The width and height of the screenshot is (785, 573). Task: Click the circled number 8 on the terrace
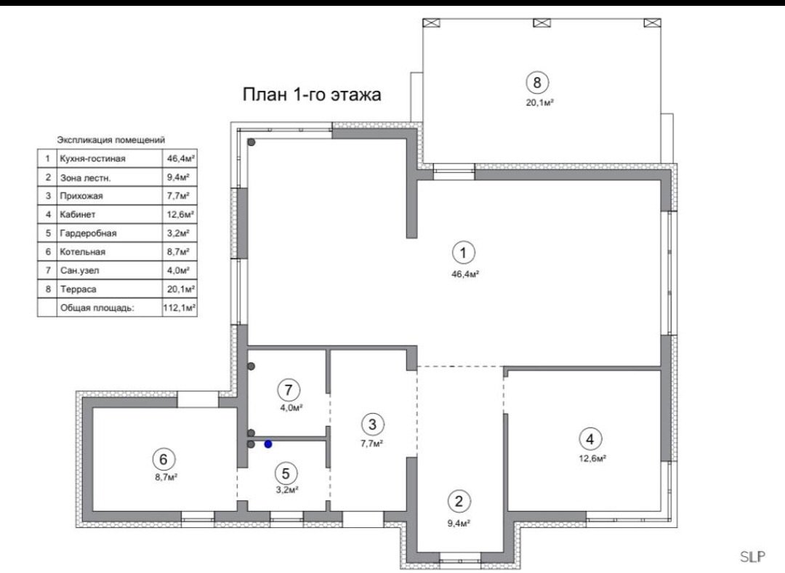pyautogui.click(x=537, y=82)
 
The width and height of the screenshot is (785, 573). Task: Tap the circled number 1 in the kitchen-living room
pyautogui.click(x=463, y=253)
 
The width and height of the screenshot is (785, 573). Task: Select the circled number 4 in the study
pyautogui.click(x=589, y=439)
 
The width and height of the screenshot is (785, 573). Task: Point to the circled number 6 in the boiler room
pyautogui.click(x=164, y=459)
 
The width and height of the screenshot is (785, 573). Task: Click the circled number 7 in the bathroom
pyautogui.click(x=289, y=390)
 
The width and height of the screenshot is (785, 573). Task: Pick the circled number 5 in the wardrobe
pyautogui.click(x=286, y=473)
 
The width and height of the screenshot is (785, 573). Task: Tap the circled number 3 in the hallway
pyautogui.click(x=372, y=424)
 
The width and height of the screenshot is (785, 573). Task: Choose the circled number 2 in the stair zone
pyautogui.click(x=459, y=501)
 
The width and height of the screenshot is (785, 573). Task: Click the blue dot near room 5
pyautogui.click(x=268, y=444)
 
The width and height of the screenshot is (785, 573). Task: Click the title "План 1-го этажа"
pyautogui.click(x=312, y=94)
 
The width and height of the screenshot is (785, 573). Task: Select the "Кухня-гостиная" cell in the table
pyautogui.click(x=92, y=159)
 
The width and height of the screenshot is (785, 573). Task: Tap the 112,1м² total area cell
pyautogui.click(x=180, y=308)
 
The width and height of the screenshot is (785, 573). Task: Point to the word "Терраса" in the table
pyautogui.click(x=78, y=289)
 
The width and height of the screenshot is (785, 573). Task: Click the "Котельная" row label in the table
pyautogui.click(x=83, y=252)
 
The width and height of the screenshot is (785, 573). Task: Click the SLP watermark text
pyautogui.click(x=752, y=556)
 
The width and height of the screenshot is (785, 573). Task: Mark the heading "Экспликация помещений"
pyautogui.click(x=110, y=140)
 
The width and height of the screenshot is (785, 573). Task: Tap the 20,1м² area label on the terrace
pyautogui.click(x=539, y=103)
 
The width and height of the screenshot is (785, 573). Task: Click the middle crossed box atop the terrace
pyautogui.click(x=542, y=23)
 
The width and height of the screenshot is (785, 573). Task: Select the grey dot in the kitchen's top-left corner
pyautogui.click(x=251, y=143)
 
